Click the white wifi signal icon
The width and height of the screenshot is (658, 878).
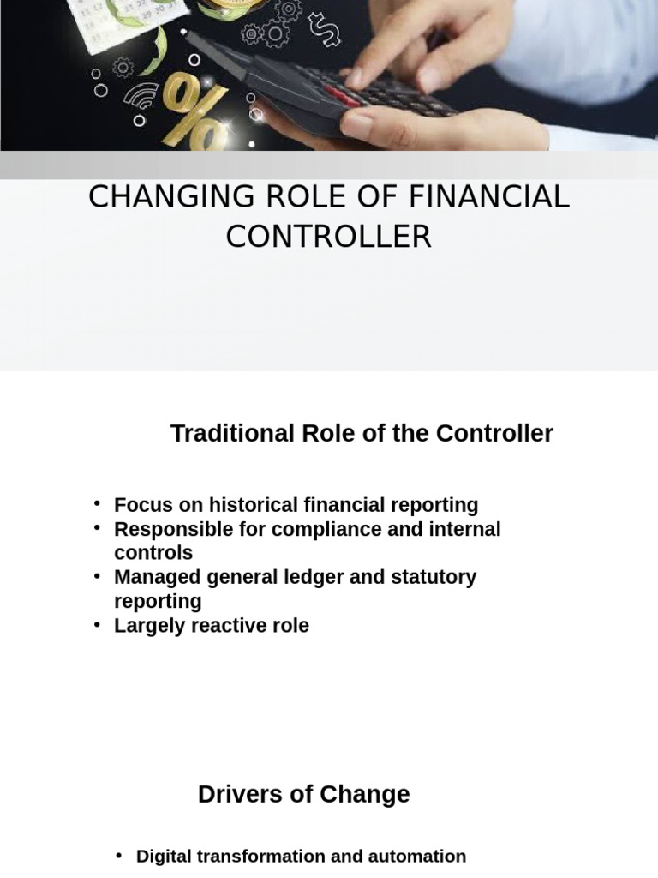[x=141, y=95]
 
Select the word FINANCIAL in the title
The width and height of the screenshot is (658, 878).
[x=488, y=197]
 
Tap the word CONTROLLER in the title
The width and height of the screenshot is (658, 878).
[x=328, y=237]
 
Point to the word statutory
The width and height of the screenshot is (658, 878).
[x=434, y=577]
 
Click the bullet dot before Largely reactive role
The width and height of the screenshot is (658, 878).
[x=98, y=624]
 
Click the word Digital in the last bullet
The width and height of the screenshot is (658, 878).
[x=164, y=856]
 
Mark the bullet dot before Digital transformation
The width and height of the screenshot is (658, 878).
[x=119, y=855]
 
